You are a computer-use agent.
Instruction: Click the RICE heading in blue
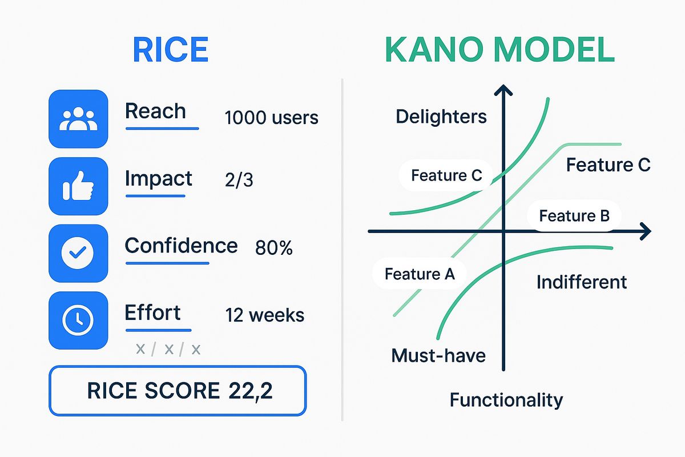(170, 50)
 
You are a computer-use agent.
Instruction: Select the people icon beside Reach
(78, 119)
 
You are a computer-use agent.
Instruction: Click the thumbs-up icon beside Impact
(78, 186)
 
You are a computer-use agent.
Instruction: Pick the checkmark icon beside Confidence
(78, 253)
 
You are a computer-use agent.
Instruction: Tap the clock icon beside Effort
(78, 320)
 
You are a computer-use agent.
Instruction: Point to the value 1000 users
(271, 118)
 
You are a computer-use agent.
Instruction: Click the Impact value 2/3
(239, 181)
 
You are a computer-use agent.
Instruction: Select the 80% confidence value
(274, 248)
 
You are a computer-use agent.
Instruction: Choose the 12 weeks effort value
(265, 315)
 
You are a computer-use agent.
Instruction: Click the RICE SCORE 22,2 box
(178, 391)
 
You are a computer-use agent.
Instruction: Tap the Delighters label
(441, 117)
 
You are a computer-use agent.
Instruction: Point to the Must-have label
(438, 355)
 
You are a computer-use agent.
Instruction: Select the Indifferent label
(582, 282)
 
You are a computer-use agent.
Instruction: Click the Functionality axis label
(506, 399)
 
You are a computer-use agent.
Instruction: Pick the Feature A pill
(420, 274)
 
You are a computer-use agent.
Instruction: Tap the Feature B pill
(574, 216)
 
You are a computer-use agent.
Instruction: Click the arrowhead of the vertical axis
(503, 91)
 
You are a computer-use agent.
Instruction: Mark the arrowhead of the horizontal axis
(645, 231)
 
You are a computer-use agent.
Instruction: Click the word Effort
(152, 312)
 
